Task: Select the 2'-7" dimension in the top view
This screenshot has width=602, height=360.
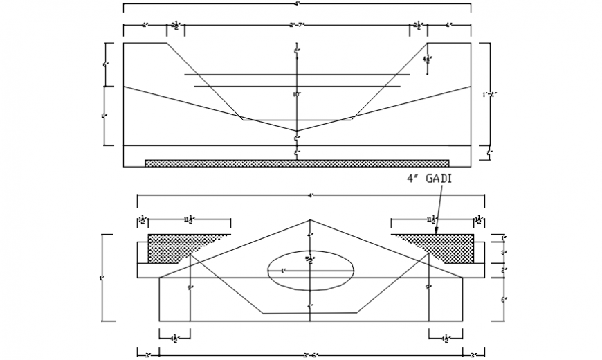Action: tap(297, 26)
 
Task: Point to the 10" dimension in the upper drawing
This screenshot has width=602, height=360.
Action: tap(296, 94)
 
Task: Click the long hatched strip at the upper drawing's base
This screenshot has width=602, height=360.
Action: tap(297, 163)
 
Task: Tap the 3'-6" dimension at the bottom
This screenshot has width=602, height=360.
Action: tap(311, 354)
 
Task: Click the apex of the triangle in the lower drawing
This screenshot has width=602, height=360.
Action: tap(310, 221)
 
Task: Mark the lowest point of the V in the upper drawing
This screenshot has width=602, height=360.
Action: tap(297, 130)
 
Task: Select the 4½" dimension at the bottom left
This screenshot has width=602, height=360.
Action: tap(176, 338)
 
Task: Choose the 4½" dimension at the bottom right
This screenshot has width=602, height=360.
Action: tap(446, 338)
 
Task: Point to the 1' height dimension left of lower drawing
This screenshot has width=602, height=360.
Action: tap(102, 278)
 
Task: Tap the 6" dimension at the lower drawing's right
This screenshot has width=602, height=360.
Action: tap(504, 299)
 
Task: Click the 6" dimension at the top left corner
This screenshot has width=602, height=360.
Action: tap(145, 26)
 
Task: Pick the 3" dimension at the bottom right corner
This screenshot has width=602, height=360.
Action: tap(473, 354)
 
